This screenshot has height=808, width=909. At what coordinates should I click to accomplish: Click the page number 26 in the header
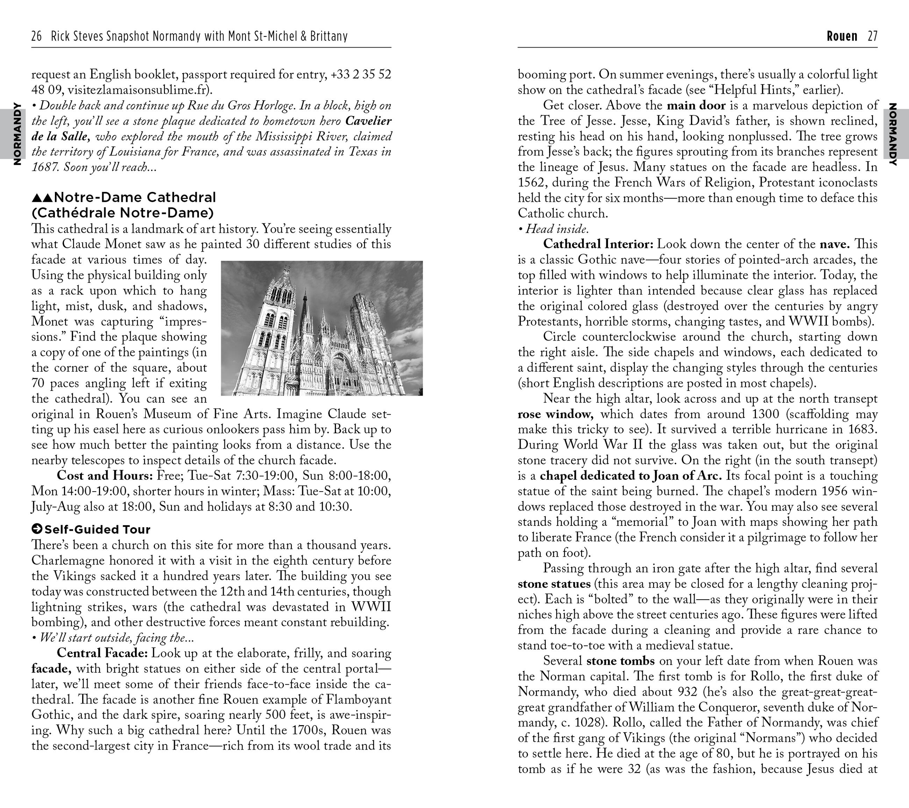(36, 36)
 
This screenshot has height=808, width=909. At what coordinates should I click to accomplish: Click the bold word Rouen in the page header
(842, 36)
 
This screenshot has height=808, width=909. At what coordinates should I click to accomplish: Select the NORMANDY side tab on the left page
(17, 134)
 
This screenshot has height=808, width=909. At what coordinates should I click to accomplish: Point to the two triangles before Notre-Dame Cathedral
(42, 198)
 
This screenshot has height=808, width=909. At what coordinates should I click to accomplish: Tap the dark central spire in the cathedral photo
(305, 311)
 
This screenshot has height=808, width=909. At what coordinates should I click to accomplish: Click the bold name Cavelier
(368, 121)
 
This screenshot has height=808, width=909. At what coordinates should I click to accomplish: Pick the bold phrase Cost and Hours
(105, 475)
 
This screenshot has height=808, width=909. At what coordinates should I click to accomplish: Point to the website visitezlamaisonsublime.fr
(138, 90)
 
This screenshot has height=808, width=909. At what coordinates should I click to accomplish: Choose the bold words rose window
(555, 414)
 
